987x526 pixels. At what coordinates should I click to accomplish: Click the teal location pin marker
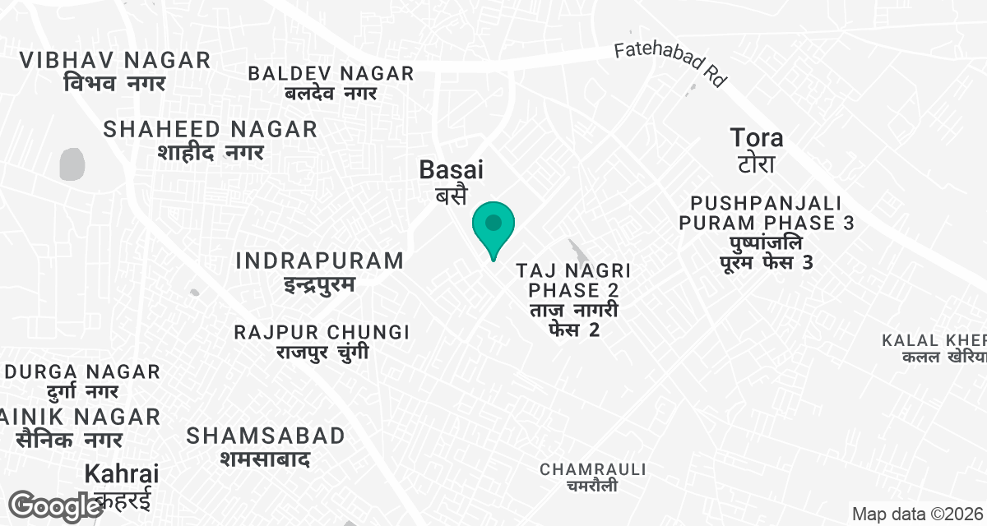pyautogui.click(x=493, y=227)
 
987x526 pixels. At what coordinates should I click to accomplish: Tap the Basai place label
pyautogui.click(x=451, y=181)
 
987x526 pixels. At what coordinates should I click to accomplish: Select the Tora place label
pyautogui.click(x=757, y=149)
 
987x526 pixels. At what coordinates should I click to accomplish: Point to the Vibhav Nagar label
pyautogui.click(x=115, y=71)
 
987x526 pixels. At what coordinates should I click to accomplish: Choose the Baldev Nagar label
pyautogui.click(x=331, y=82)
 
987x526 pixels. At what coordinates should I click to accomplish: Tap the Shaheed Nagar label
pyautogui.click(x=211, y=140)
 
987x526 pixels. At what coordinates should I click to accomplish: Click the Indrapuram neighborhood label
pyautogui.click(x=319, y=272)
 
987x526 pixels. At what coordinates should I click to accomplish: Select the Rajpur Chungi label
pyautogui.click(x=321, y=342)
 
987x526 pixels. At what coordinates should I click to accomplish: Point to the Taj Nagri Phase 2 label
pyautogui.click(x=572, y=300)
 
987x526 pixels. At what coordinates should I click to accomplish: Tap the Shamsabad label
pyautogui.click(x=266, y=446)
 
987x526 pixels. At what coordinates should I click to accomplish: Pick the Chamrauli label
pyautogui.click(x=592, y=478)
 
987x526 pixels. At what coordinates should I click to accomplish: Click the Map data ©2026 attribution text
pyautogui.click(x=917, y=514)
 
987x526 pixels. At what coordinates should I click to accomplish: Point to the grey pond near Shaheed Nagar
pyautogui.click(x=72, y=164)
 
